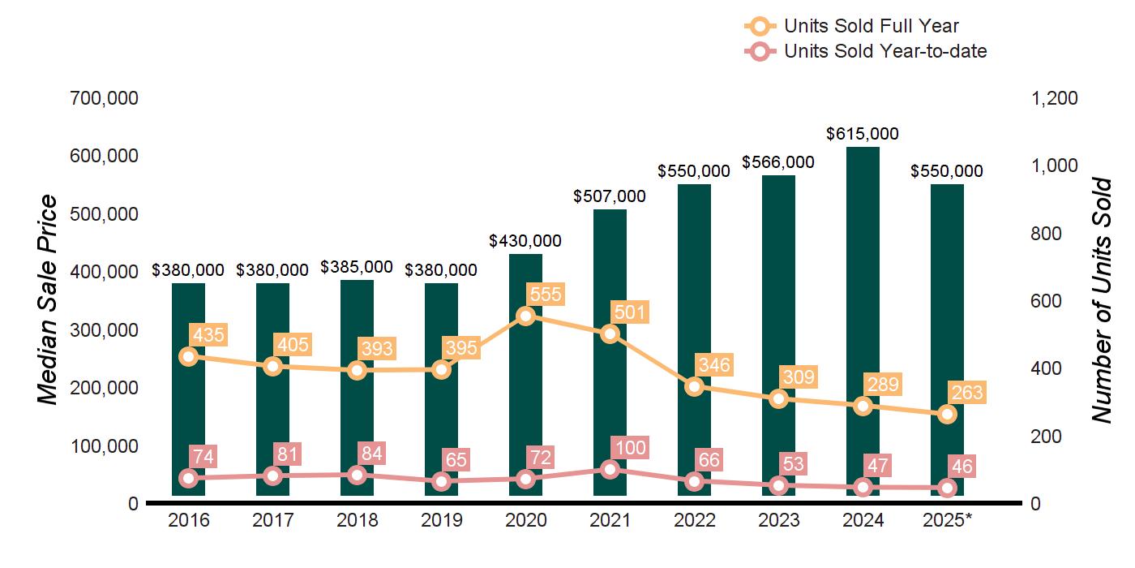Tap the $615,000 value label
[863, 134]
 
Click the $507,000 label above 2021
[610, 196]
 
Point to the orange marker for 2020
[525, 316]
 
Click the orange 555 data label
[544, 294]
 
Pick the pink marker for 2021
[610, 469]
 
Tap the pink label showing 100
[631, 447]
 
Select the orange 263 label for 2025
[967, 394]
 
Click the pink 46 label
[963, 467]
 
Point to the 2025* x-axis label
[947, 520]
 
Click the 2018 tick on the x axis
[357, 520]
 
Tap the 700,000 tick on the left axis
[105, 98]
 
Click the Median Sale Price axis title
[49, 300]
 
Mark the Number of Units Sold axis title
[1100, 300]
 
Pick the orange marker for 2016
[188, 356]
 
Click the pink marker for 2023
[778, 485]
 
